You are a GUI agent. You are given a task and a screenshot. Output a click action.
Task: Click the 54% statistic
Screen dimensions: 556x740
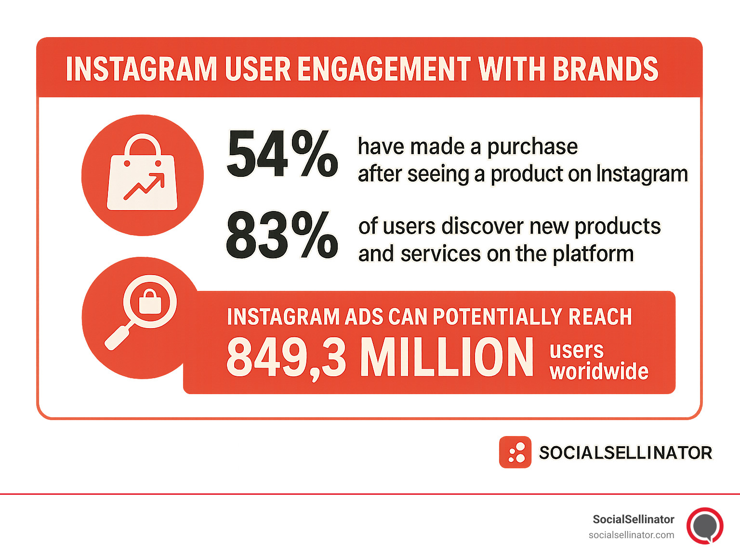coord(282,154)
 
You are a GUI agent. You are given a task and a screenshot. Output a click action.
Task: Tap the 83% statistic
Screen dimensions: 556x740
coord(282,236)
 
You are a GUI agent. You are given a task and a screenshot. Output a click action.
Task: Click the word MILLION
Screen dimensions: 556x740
coord(447,357)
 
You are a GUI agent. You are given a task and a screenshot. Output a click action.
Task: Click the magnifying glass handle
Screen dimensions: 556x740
coord(117,337)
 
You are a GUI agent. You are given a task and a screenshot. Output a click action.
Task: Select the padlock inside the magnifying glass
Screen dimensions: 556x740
coord(150,303)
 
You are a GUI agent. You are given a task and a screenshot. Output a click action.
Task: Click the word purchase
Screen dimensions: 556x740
coord(532,147)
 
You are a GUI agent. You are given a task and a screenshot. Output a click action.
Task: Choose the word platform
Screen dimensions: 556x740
coord(593,254)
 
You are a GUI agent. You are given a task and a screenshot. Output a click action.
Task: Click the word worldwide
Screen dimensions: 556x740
coord(599,371)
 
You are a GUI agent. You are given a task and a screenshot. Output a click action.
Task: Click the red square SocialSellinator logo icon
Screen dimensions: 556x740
coord(515,452)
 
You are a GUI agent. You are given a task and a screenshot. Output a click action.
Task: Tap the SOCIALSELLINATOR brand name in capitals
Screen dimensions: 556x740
coord(625,453)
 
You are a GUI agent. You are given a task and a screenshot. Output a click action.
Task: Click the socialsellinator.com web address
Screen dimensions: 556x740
coord(631,535)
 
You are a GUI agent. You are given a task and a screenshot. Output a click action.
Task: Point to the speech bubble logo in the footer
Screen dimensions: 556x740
coord(705,526)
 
